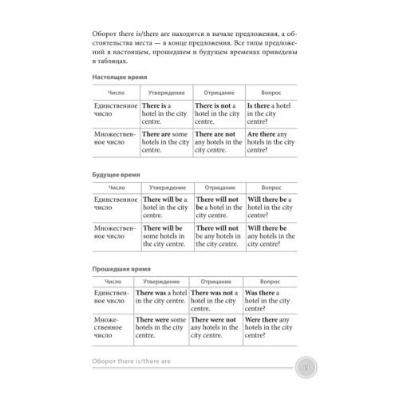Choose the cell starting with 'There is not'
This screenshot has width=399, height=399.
(219, 114)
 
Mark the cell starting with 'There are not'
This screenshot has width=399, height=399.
(219, 143)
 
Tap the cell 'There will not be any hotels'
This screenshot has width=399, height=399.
(219, 236)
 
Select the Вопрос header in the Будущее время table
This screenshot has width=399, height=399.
(273, 186)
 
